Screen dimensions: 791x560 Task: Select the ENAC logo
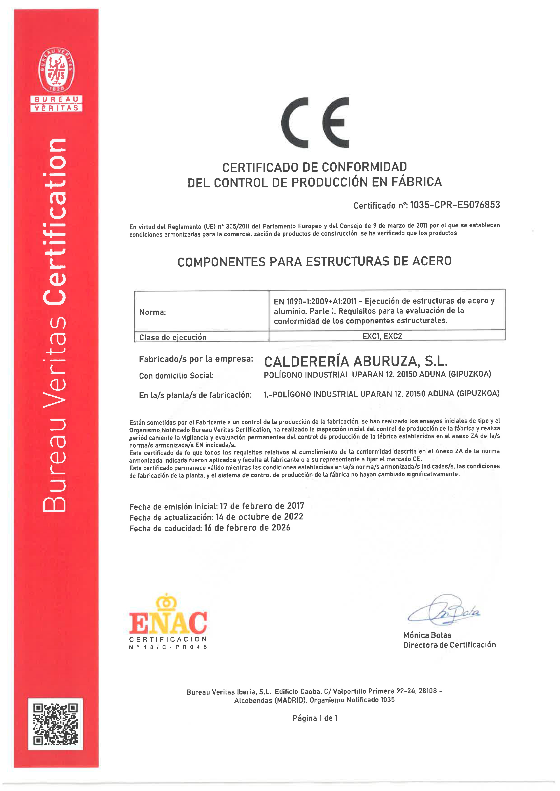pos(168,619)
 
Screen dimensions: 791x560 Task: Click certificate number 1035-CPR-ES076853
pos(455,205)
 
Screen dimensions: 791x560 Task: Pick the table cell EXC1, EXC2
pos(382,336)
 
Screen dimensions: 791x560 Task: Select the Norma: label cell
pos(152,312)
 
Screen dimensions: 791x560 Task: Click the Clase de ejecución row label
pos(173,337)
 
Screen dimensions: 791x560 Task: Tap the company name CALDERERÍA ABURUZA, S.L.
pos(355,361)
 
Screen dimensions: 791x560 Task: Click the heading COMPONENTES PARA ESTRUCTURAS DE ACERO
pos(315,261)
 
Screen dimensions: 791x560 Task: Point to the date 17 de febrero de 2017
pos(262,506)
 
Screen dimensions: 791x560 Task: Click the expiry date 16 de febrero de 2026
pos(247,528)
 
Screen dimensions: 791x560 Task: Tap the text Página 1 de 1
pos(315,718)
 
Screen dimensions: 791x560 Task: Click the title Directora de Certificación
pos(449,645)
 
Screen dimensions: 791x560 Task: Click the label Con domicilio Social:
pos(176,376)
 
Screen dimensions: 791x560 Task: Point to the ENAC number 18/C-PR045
pos(175,647)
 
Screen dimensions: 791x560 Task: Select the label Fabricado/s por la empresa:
pos(196,359)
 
